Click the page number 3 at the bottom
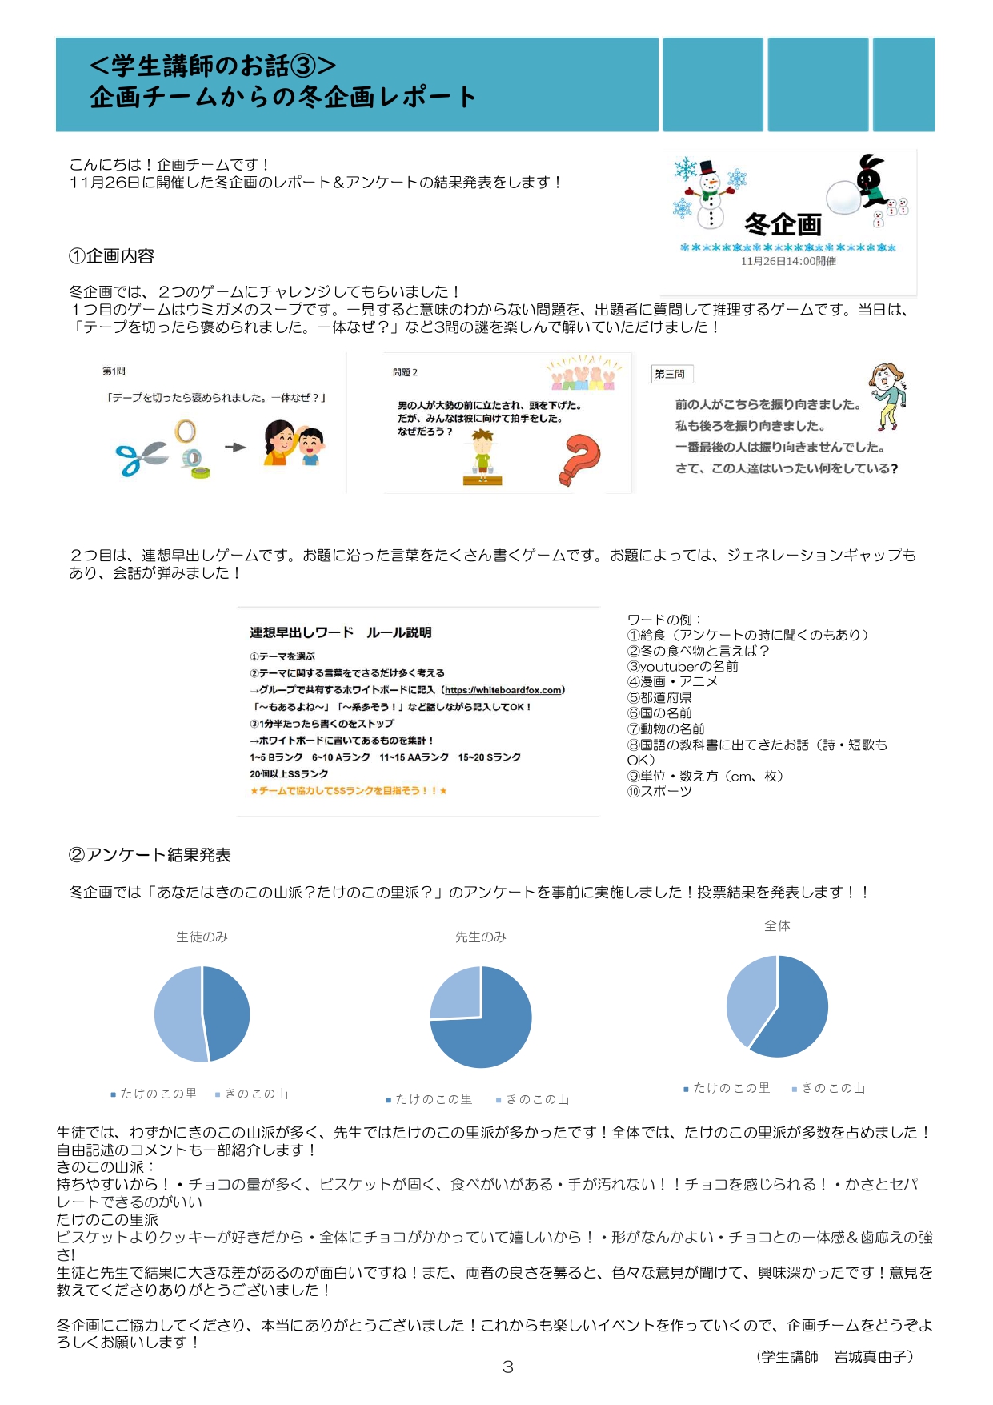pos(507,1367)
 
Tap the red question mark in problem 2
pos(581,459)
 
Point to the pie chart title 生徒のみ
pos(202,937)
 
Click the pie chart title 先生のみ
pos(480,937)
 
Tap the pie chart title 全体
pos(777,925)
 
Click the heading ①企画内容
pos(111,256)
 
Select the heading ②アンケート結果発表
pos(150,855)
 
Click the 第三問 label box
pos(671,374)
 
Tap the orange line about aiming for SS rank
pos(348,791)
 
